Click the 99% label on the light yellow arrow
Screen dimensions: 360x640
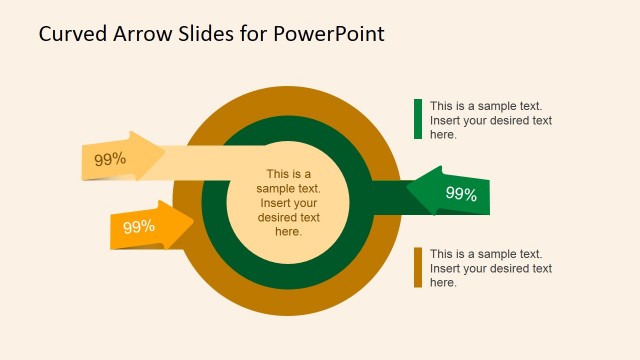110,159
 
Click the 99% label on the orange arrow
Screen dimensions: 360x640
139,227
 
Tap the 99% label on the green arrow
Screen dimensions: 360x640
460,194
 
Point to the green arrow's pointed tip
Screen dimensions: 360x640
409,190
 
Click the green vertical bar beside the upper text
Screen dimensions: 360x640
418,119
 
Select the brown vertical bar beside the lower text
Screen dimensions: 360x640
418,268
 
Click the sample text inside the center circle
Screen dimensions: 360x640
288,203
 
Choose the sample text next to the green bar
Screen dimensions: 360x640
491,120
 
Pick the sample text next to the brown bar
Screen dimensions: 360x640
491,268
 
